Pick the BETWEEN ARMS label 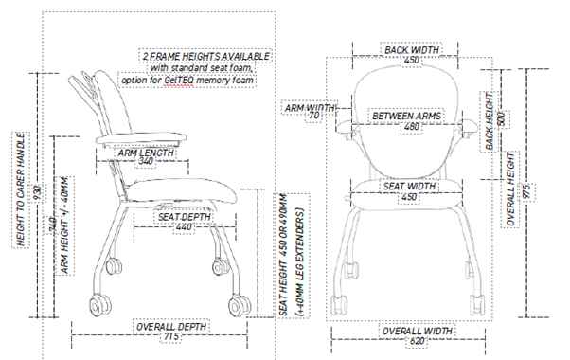click(x=408, y=116)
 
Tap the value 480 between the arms click(x=410, y=126)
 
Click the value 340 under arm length click(x=146, y=162)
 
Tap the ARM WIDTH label click(x=311, y=108)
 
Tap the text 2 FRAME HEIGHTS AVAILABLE click(x=205, y=56)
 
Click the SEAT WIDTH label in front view click(x=409, y=186)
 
